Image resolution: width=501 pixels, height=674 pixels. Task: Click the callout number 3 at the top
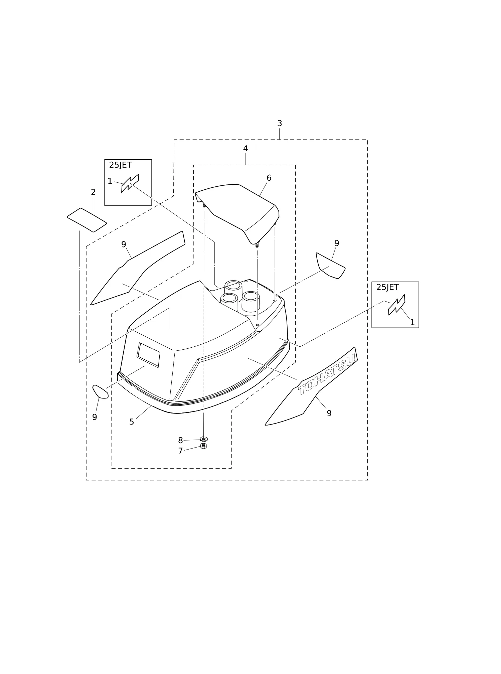pos(280,124)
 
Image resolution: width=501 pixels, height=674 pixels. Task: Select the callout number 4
pos(245,149)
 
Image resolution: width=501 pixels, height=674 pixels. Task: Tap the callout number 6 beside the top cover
pos(269,178)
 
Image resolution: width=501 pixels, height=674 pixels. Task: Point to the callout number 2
pos(93,192)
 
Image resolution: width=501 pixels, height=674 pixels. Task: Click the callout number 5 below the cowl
pos(132,422)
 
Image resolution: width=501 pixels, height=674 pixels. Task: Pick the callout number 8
pos(180,441)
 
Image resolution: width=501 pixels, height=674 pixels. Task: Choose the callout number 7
pos(180,451)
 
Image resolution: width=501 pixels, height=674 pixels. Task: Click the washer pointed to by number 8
pos(204,439)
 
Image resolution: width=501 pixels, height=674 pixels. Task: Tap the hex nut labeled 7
pos(203,446)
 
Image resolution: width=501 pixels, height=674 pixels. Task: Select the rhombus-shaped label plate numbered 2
pos(87,220)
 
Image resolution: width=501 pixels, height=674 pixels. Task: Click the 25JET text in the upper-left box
pos(120,165)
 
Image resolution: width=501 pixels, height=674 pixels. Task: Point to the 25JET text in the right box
pos(387,287)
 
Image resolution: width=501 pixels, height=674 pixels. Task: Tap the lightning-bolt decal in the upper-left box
pos(130,183)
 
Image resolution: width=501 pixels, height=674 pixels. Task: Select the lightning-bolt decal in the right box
pos(397,305)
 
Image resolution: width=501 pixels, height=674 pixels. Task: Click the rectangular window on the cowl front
pos(149,355)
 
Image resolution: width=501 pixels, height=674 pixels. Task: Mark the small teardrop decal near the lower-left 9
pos(100,392)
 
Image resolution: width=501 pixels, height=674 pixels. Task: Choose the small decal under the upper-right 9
pos(331,266)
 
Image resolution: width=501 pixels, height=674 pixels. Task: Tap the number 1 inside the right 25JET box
pos(412,323)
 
